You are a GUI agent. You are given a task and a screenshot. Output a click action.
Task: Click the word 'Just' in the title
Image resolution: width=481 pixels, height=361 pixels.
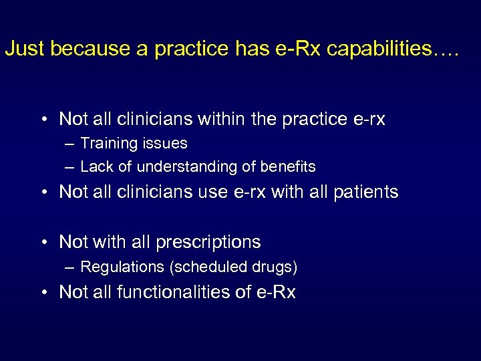point(25,49)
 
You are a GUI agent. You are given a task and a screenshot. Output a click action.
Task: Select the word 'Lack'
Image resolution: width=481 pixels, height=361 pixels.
point(95,166)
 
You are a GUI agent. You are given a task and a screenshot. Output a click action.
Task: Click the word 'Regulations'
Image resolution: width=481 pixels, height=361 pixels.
point(122,267)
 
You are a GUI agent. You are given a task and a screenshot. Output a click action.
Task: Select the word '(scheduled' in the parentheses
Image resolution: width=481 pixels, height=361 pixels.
point(202,267)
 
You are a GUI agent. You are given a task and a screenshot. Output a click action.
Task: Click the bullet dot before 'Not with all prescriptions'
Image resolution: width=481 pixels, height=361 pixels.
point(43,242)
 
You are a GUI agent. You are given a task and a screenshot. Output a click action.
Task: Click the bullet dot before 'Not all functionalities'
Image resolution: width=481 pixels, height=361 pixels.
point(43,292)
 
